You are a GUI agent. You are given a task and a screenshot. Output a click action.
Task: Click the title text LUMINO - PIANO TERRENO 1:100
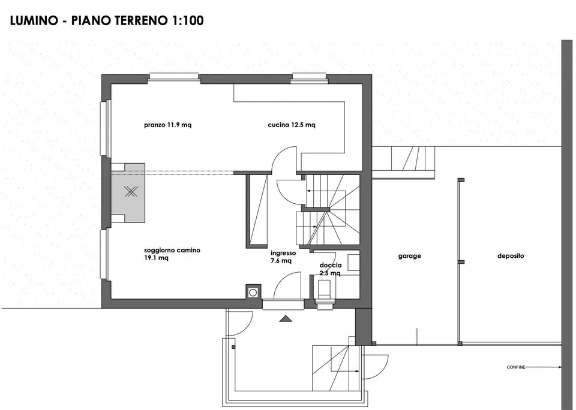[107, 20]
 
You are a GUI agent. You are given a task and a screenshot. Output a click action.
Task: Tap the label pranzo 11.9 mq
[167, 125]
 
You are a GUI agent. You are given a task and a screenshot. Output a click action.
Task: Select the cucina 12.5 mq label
[292, 125]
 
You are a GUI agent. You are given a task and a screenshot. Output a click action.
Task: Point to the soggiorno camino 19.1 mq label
[172, 254]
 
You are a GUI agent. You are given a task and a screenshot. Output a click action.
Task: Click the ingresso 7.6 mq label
[283, 257]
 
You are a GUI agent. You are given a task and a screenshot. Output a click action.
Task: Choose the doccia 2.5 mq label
[330, 269]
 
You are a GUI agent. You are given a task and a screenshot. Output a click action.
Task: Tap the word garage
[410, 256]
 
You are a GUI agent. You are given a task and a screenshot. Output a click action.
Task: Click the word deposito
[511, 256]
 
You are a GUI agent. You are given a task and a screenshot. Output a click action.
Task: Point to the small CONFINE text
[516, 367]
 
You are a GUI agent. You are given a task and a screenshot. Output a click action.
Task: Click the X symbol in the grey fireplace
[130, 191]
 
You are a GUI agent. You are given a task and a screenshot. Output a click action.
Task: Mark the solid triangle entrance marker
[286, 319]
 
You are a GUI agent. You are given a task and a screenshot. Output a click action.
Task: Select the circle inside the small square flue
[253, 293]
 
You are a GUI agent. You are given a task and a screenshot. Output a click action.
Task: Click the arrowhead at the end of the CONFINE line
[560, 367]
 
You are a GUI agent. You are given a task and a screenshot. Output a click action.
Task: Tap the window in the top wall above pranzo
[175, 77]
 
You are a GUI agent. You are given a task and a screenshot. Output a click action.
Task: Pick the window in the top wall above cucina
[309, 77]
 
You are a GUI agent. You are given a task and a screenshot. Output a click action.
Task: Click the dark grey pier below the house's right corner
[364, 327]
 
